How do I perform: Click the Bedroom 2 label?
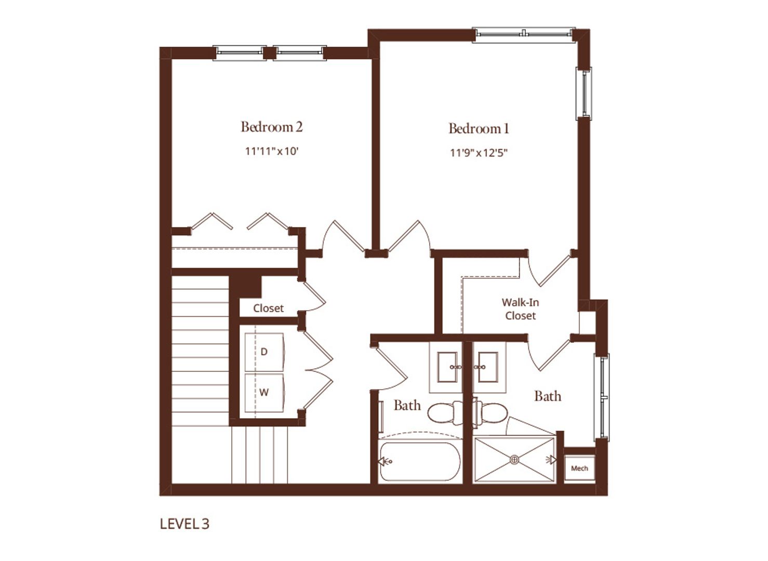[272, 127]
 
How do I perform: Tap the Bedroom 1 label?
[479, 128]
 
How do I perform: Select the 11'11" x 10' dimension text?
[272, 151]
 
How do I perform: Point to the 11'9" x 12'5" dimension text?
[478, 153]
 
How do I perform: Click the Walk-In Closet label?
[520, 309]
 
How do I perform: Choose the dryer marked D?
[264, 352]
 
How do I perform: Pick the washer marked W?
[264, 393]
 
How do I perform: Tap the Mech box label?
[579, 468]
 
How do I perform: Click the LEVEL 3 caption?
[184, 524]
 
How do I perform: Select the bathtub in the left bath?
[420, 461]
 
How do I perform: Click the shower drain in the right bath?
[514, 460]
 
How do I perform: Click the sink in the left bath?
[447, 367]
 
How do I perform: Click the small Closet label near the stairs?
[268, 309]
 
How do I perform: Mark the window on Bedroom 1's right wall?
[584, 93]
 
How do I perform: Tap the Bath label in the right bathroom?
[548, 396]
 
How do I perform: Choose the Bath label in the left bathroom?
[407, 405]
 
